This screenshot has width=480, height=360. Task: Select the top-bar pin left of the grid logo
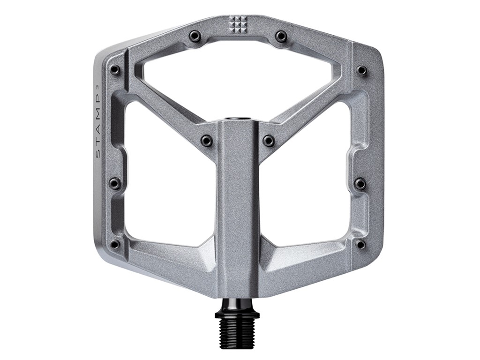(195, 36)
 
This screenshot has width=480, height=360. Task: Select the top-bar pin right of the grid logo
(281, 36)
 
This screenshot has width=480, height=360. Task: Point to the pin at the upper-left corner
(115, 70)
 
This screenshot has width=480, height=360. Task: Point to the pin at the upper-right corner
(361, 70)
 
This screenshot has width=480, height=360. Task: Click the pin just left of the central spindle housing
(206, 141)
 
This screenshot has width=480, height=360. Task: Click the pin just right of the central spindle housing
(269, 141)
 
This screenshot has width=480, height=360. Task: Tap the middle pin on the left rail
(115, 183)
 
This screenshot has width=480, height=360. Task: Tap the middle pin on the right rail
(360, 183)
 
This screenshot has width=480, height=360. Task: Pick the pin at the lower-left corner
(115, 244)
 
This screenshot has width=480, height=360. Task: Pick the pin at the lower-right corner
(360, 244)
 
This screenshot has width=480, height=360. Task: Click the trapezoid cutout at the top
(238, 80)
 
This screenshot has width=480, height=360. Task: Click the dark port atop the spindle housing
(238, 120)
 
